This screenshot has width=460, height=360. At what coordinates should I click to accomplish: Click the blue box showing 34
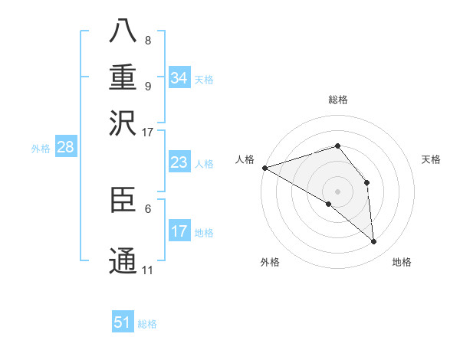[x=179, y=78]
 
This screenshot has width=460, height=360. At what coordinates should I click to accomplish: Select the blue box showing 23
[x=179, y=162]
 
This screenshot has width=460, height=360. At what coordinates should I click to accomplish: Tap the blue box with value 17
[x=179, y=231]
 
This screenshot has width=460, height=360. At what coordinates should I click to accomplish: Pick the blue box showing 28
[x=65, y=148]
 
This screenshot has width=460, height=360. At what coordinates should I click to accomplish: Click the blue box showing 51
[x=123, y=322]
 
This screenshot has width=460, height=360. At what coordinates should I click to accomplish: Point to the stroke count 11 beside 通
[x=148, y=270]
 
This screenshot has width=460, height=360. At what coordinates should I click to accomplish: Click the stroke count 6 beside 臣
[x=148, y=207]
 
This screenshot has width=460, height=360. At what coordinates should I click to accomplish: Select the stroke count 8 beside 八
[x=148, y=41]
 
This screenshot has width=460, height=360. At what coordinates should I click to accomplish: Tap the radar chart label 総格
[x=337, y=100]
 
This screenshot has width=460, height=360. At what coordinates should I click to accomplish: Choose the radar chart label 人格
[x=245, y=159]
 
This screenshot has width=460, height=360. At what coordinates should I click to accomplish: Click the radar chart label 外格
[x=270, y=262]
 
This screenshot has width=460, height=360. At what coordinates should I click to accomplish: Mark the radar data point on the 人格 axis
[x=264, y=168]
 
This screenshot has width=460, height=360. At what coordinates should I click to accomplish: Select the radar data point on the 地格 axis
[x=373, y=241]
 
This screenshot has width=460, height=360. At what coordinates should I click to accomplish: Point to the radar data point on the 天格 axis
[x=367, y=182]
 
